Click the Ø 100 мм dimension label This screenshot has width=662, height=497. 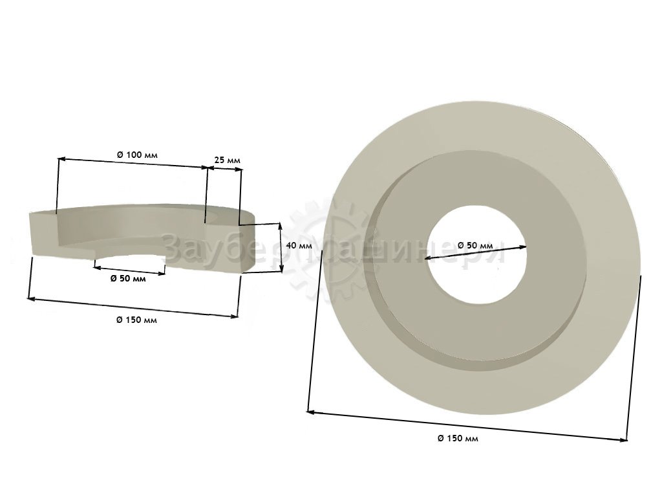point(137,155)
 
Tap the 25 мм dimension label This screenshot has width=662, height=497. point(227,160)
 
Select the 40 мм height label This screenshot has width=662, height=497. point(299,245)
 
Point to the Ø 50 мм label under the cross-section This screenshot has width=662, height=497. point(128,278)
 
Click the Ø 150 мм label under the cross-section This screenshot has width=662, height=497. point(136,320)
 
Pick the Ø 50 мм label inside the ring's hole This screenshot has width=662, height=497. point(475,245)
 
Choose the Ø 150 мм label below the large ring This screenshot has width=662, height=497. point(458,438)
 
